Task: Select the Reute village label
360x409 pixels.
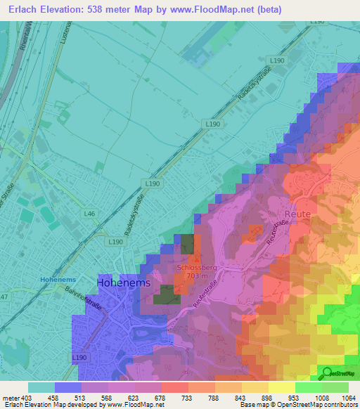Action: [x=297, y=212]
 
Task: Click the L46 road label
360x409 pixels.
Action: [x=89, y=213]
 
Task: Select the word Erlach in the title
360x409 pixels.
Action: [x=20, y=10]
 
